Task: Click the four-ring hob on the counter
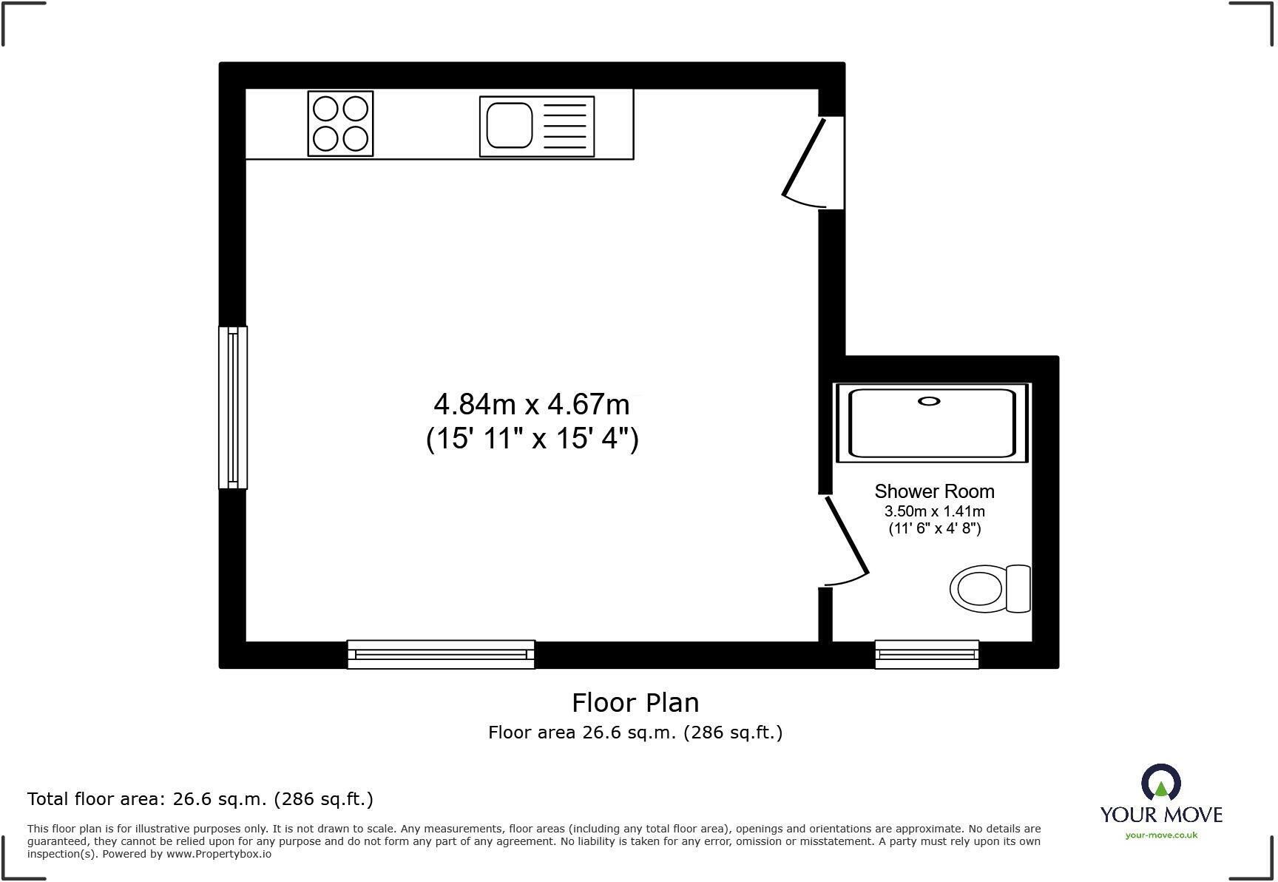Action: (x=340, y=124)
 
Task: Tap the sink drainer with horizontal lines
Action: (x=564, y=126)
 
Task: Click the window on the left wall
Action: (x=233, y=408)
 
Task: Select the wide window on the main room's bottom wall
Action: (x=441, y=655)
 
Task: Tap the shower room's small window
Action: (x=927, y=655)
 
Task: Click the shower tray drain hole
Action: (x=929, y=401)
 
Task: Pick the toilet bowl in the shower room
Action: (x=978, y=589)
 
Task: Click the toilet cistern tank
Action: (x=1018, y=589)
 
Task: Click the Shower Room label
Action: (x=934, y=491)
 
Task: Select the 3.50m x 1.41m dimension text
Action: (x=934, y=511)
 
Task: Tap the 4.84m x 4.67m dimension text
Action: (x=531, y=405)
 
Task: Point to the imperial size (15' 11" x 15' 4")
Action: (x=532, y=439)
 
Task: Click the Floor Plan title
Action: (x=635, y=702)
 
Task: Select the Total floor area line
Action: (x=200, y=799)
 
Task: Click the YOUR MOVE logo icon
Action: (x=1160, y=783)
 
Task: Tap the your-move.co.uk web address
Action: (x=1161, y=835)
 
